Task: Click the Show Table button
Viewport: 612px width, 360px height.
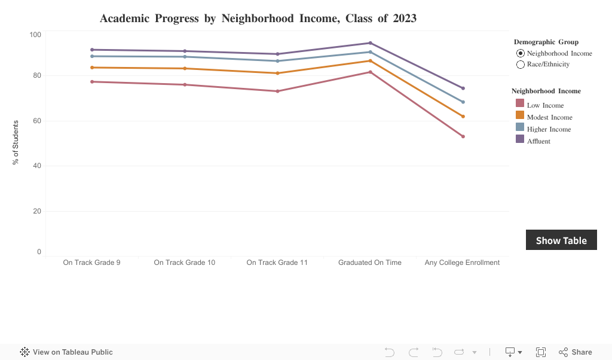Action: click(x=561, y=240)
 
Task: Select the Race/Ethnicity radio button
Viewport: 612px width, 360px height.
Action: click(x=520, y=65)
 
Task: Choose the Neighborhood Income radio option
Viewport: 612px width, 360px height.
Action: click(x=520, y=53)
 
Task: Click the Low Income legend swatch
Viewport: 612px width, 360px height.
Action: click(x=520, y=105)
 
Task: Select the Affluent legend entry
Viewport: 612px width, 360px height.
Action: click(x=538, y=141)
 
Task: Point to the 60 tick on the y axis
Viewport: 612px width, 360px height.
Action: click(x=37, y=121)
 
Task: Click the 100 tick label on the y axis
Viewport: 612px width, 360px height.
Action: click(x=35, y=35)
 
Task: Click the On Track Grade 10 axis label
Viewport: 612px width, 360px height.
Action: click(x=185, y=263)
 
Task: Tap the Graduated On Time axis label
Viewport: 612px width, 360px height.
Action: click(x=370, y=263)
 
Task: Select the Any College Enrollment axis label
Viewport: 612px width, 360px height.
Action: click(x=462, y=263)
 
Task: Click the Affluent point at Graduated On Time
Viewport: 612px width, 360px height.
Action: click(x=370, y=43)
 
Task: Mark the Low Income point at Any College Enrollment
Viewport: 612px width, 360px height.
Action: click(x=463, y=136)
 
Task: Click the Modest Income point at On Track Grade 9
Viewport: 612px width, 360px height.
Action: click(x=92, y=68)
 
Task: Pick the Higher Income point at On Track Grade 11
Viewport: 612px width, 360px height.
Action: click(x=277, y=61)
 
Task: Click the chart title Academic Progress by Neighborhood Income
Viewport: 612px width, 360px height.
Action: click(x=258, y=19)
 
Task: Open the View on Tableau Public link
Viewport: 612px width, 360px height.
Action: click(x=66, y=352)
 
